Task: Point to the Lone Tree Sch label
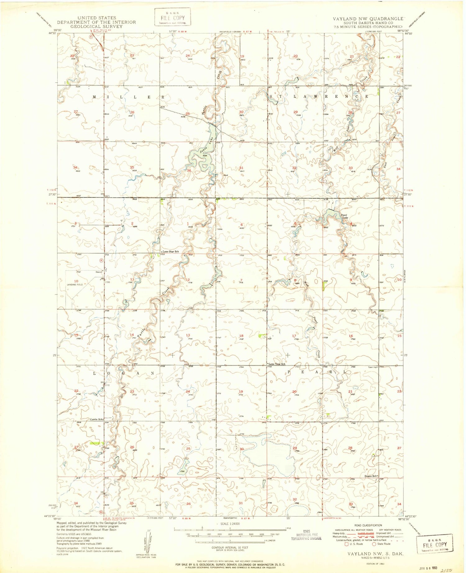(x=277, y=364)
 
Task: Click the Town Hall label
(x=373, y=367)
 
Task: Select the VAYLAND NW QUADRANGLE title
(x=368, y=19)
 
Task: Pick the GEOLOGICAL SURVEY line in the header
(x=96, y=26)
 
